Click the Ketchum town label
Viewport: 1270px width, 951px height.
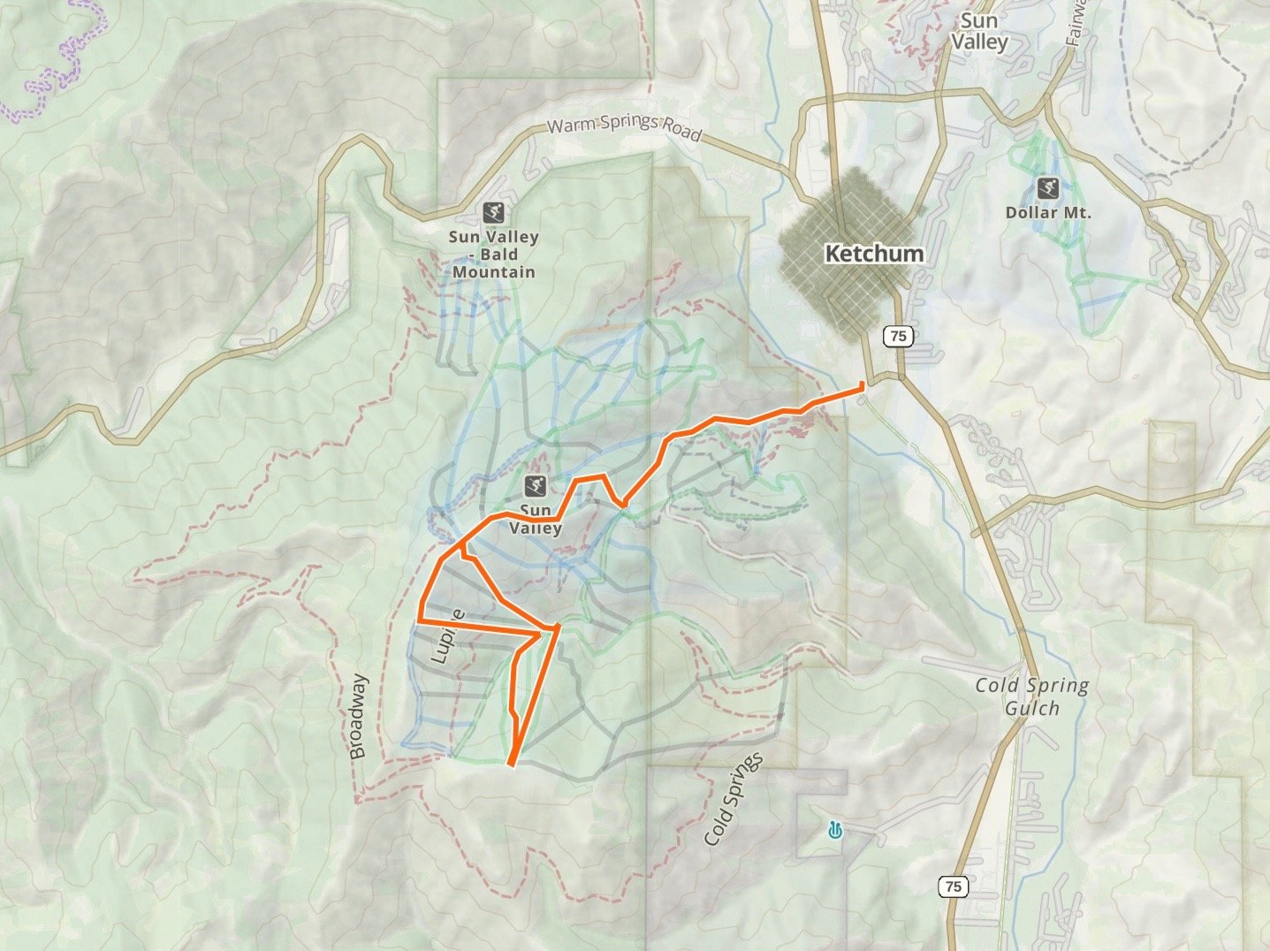(x=873, y=254)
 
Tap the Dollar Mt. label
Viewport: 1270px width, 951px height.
(x=1048, y=213)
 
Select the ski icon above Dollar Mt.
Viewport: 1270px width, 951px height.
(x=1048, y=188)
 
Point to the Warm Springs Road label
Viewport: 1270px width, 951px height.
(x=624, y=129)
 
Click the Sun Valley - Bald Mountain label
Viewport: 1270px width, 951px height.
(x=493, y=255)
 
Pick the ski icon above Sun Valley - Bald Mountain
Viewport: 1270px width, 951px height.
(x=494, y=212)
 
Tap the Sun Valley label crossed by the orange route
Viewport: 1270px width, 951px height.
(x=536, y=520)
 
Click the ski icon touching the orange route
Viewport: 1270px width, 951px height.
(x=534, y=485)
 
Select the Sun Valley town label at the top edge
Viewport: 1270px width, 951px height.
(x=978, y=32)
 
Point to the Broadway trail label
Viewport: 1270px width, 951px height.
(x=357, y=717)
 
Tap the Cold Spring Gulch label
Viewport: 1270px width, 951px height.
(x=1032, y=696)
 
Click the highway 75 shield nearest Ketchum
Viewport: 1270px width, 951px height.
(x=898, y=336)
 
